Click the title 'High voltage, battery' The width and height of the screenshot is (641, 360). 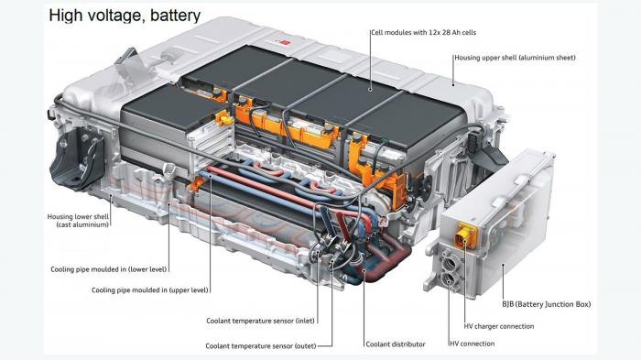pos(125,16)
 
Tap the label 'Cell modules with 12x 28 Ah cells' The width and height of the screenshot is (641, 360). pos(423,32)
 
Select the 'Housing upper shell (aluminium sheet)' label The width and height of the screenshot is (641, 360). pos(515,58)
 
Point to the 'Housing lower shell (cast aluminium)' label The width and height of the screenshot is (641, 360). pos(78,221)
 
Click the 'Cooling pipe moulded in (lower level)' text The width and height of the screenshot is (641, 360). pos(109,269)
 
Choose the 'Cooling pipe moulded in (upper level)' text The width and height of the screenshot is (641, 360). pos(149,290)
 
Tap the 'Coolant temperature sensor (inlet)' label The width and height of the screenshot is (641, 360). pos(260,321)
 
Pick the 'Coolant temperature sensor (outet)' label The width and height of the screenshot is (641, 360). pos(261,346)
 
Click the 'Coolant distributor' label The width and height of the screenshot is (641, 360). pos(396,344)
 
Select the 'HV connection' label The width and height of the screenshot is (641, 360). pos(473,344)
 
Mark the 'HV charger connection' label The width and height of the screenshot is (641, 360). pos(499,326)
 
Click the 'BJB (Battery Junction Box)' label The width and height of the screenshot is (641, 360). pos(546,304)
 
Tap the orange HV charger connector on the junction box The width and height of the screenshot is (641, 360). pos(465,236)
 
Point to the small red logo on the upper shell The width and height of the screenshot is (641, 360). pos(286,42)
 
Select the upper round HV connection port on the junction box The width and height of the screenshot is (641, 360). pos(449,261)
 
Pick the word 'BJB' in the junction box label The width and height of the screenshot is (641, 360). pos(508,304)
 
